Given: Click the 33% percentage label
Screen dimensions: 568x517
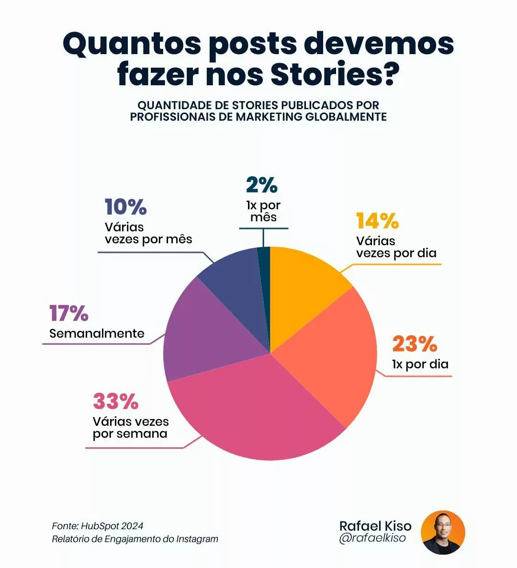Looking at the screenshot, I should [115, 401].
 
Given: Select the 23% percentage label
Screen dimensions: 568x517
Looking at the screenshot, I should [415, 344].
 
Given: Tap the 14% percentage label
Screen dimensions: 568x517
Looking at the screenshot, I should [377, 221].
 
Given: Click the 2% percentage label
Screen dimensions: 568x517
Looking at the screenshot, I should [262, 185].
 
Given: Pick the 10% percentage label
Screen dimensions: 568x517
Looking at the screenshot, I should [125, 207].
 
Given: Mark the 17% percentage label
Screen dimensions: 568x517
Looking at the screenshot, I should [69, 313].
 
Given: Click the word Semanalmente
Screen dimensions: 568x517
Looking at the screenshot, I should [97, 333].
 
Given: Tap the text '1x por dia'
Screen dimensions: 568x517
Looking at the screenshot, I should [420, 364].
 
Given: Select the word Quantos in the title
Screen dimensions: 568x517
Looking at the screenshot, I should [132, 44].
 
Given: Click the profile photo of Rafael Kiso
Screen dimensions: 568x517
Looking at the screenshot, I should [443, 532].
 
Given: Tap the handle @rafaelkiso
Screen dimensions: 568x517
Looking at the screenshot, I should [372, 538].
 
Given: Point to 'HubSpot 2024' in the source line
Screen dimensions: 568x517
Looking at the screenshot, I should [112, 526].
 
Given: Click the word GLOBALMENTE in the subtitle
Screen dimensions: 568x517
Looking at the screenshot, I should [346, 117].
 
